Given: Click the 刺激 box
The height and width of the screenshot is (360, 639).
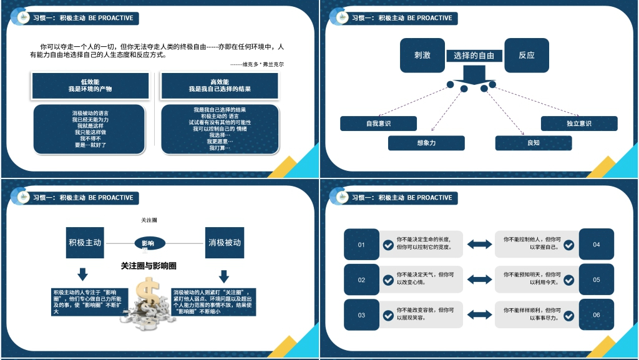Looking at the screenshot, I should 422,55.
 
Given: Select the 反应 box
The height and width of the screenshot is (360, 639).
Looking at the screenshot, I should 526,55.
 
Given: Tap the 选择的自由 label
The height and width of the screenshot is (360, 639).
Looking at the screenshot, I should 474,56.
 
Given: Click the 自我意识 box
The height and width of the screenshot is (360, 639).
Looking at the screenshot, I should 378,124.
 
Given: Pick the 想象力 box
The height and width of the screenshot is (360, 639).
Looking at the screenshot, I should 426,143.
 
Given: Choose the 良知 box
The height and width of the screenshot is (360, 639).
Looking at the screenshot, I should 533,143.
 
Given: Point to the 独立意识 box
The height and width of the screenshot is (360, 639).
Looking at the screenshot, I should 578,124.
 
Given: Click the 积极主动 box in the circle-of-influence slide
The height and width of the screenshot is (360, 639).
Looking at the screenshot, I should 85,243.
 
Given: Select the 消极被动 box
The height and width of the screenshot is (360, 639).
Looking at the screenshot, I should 224,243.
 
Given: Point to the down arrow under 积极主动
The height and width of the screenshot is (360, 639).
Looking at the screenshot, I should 82,274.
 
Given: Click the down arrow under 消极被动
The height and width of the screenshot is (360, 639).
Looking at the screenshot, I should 224,276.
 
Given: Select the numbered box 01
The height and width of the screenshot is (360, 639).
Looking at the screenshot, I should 361,245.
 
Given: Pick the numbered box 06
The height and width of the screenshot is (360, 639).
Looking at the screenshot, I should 596,315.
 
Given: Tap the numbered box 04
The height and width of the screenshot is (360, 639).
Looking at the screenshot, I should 596,245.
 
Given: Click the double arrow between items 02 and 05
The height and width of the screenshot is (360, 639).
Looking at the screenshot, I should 479,280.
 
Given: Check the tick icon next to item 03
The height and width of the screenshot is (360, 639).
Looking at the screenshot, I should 388,316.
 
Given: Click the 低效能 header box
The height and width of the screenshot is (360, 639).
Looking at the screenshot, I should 90,85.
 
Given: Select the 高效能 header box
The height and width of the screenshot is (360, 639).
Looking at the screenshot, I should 220,85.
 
